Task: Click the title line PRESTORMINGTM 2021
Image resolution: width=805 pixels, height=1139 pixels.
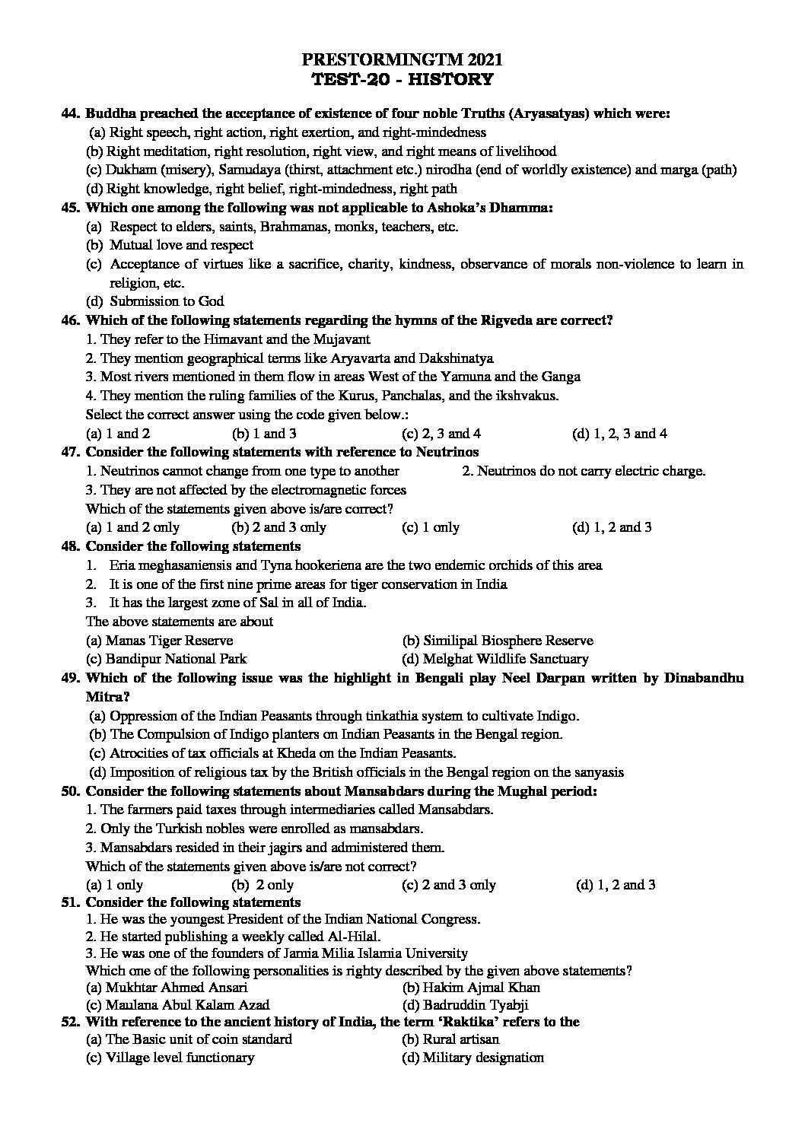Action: tap(402, 60)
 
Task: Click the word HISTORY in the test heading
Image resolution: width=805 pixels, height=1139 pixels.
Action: tap(454, 79)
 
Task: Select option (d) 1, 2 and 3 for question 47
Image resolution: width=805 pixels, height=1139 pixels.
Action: tap(612, 527)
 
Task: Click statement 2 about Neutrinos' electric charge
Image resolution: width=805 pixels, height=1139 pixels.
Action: tap(584, 471)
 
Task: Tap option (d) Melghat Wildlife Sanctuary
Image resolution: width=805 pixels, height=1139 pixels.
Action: tap(495, 659)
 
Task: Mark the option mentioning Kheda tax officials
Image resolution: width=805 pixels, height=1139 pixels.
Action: tap(272, 753)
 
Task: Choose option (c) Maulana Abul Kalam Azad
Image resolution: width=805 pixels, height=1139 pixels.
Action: tap(177, 1005)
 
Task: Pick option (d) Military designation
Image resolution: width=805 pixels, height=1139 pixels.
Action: tap(473, 1058)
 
